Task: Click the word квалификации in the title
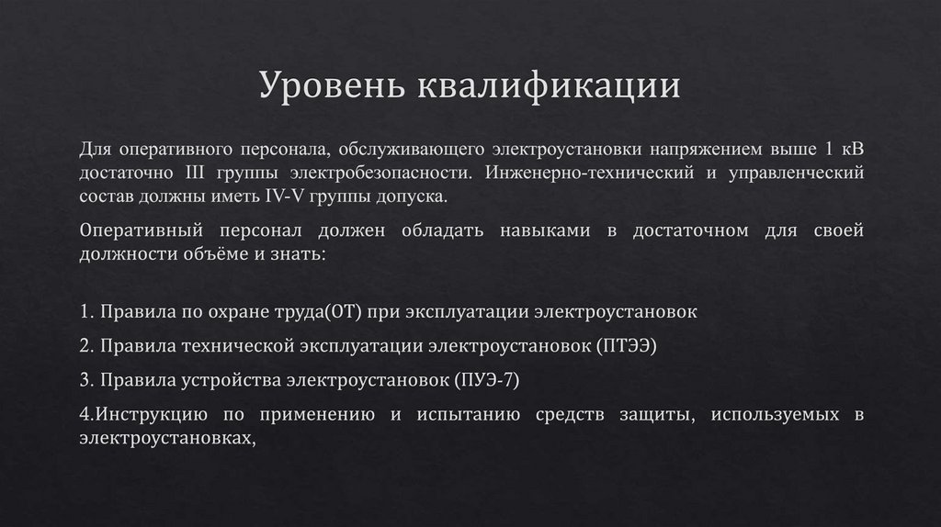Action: (x=550, y=87)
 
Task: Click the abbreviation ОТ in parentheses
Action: (x=346, y=311)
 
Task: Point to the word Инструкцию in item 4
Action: (x=146, y=414)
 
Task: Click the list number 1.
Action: (x=85, y=311)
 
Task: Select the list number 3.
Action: (x=85, y=379)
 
